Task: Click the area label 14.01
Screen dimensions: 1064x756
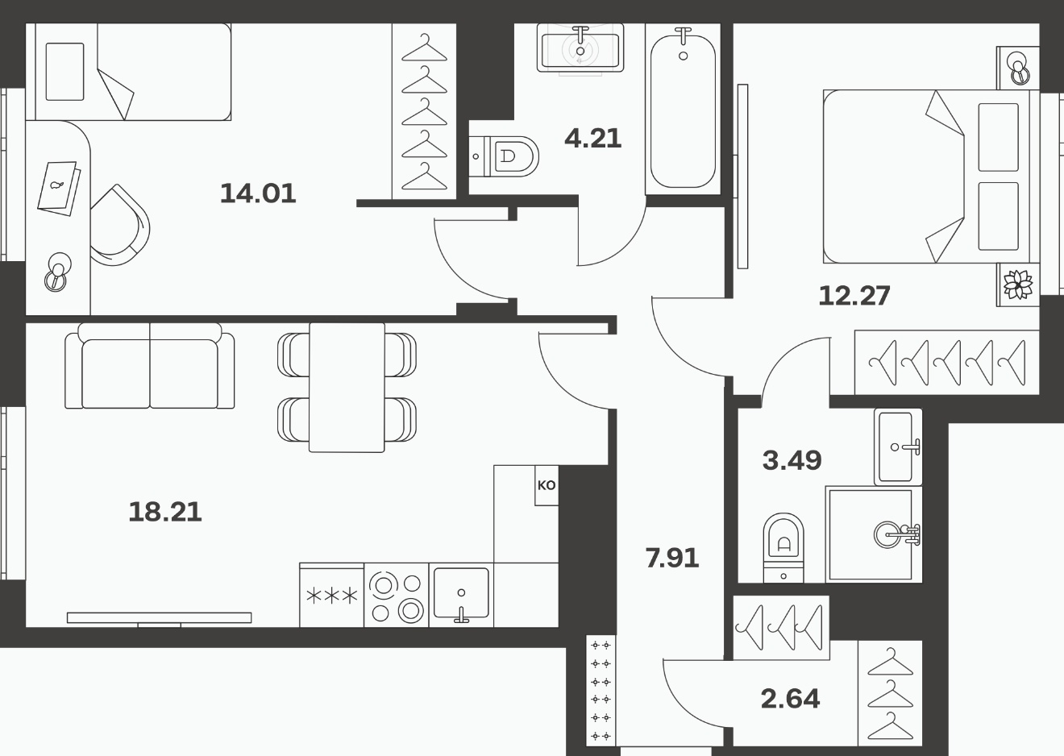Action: coord(258,193)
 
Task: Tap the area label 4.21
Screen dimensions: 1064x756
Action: coord(592,138)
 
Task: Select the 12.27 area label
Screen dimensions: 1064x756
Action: coord(854,295)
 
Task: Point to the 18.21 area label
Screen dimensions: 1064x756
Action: coord(165,512)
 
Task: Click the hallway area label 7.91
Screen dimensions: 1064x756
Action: coord(672,558)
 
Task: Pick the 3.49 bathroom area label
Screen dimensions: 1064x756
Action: coord(792,460)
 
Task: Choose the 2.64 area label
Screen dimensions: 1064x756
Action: coord(791,699)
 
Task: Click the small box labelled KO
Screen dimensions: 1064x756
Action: coord(547,485)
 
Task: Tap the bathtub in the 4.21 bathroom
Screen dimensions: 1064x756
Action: coord(683,110)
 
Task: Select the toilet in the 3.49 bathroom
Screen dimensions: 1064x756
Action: coord(783,547)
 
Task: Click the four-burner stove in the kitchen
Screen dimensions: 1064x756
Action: coord(397,596)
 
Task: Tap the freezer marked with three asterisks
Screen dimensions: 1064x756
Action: coord(332,596)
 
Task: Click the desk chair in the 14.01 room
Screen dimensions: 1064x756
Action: coord(120,225)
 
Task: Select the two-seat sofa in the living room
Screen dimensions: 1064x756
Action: coord(150,366)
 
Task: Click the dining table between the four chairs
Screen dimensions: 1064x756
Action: coord(347,388)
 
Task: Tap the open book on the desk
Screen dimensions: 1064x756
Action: coord(59,188)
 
